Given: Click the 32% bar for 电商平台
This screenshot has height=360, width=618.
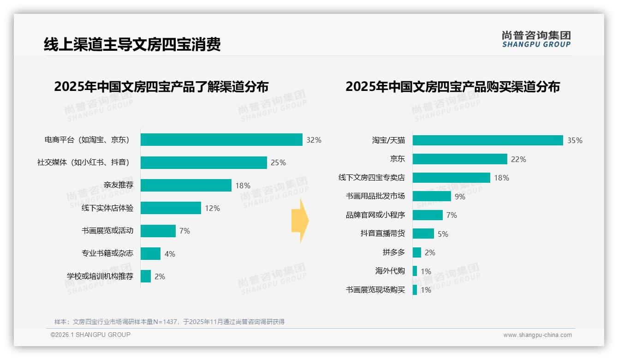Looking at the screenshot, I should coord(221,140).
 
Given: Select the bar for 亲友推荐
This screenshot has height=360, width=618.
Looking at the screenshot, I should coord(186,186).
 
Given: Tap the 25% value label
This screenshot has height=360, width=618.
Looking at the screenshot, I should coord(278,162).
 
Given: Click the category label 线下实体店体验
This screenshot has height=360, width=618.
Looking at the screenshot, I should coord(107,208).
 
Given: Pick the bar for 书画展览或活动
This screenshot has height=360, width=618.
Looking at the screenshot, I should coord(158,231).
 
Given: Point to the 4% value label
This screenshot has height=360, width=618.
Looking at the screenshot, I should coord(170,254).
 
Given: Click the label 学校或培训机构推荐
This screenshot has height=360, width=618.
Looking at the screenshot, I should coord(100,276).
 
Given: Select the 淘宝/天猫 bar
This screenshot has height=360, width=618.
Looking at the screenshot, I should coord(487,140).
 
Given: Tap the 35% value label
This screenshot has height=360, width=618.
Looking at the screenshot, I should coord(575,140).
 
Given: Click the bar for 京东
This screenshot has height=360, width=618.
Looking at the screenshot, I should coord(460,159).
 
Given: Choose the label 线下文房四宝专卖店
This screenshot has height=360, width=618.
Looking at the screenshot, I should coord(371,178).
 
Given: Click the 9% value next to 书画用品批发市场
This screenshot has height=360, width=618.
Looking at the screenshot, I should coord(460,197).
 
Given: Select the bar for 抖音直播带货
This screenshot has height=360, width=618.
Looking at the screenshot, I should coord(423,234).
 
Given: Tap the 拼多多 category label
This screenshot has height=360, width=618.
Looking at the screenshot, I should coord(393,252).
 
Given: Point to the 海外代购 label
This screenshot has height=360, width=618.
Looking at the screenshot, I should coord(390,271).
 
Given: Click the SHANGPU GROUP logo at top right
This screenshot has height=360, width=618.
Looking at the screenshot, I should coord(536,39).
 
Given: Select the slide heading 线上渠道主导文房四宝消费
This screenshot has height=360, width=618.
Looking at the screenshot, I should coord(132,45).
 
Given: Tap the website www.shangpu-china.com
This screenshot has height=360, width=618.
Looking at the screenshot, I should coord(537,335).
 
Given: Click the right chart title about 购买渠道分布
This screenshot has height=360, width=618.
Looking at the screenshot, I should coord(452,87).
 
